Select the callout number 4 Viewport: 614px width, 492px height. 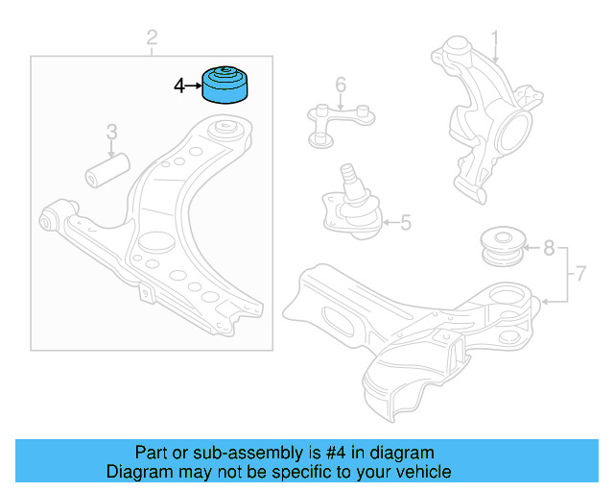point(179,86)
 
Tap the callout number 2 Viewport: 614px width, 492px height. point(152,38)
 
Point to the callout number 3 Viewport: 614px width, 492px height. point(111,132)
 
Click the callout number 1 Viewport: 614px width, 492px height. point(496,39)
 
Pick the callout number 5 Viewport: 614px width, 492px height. point(405,224)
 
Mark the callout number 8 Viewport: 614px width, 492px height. point(549,248)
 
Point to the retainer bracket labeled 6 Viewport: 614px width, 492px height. point(340,120)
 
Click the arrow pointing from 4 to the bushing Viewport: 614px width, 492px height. point(194,86)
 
